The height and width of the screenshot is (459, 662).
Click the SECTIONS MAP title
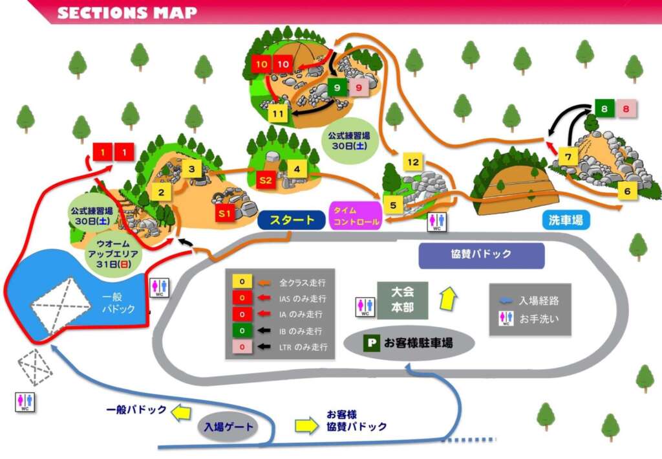(127, 12)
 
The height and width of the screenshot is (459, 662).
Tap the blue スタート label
(290, 220)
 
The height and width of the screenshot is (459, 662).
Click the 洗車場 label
(566, 220)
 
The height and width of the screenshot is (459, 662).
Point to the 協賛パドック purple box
(482, 254)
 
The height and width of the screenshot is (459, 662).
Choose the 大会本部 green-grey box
(402, 300)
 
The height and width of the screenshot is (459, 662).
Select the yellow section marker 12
(413, 162)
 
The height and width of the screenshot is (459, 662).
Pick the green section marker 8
(604, 109)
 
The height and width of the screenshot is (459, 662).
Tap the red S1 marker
(224, 213)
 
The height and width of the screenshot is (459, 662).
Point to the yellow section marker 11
(279, 114)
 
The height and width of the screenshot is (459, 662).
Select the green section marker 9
(337, 87)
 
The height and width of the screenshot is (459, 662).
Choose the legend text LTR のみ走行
(303, 347)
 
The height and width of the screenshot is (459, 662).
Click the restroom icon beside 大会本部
(365, 306)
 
